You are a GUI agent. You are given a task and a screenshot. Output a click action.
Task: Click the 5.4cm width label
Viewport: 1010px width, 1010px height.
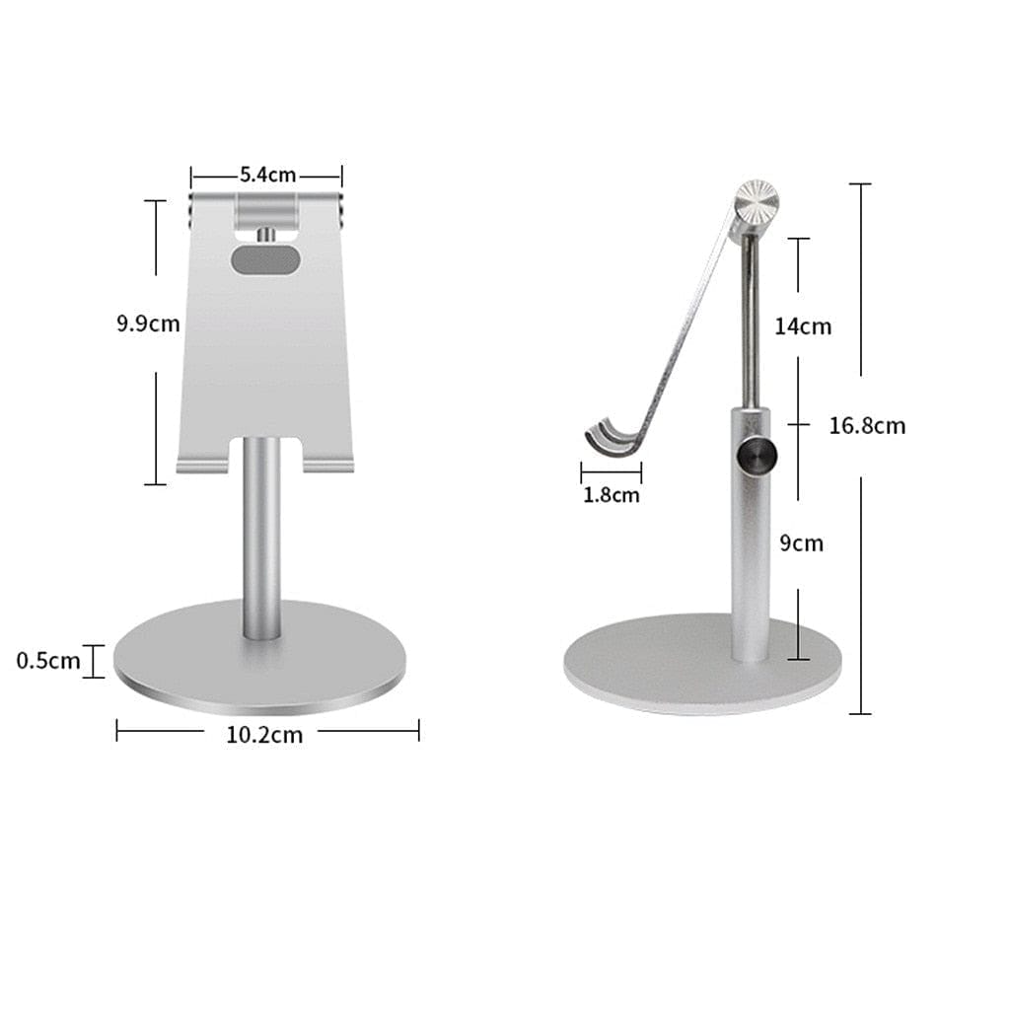click(x=267, y=175)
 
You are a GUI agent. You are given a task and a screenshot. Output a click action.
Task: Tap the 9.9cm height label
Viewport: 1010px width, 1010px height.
click(x=148, y=323)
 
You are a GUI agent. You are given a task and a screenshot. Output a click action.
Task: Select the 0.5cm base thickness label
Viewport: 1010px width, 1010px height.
click(x=48, y=661)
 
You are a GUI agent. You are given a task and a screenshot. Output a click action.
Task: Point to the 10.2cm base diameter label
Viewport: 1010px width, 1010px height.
click(x=264, y=734)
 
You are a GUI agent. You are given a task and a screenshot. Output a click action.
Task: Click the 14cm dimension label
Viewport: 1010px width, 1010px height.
click(x=803, y=326)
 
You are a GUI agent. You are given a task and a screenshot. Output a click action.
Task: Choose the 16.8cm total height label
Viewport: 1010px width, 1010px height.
click(x=867, y=426)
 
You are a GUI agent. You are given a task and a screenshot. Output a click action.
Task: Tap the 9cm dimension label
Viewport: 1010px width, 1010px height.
click(x=801, y=543)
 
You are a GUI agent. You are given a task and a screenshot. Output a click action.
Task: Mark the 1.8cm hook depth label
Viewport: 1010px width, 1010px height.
click(x=612, y=495)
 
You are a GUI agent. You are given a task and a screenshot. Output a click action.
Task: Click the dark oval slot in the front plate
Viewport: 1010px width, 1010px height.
click(x=265, y=259)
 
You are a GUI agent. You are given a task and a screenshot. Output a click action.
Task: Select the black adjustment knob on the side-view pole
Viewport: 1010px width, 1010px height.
click(x=757, y=457)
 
